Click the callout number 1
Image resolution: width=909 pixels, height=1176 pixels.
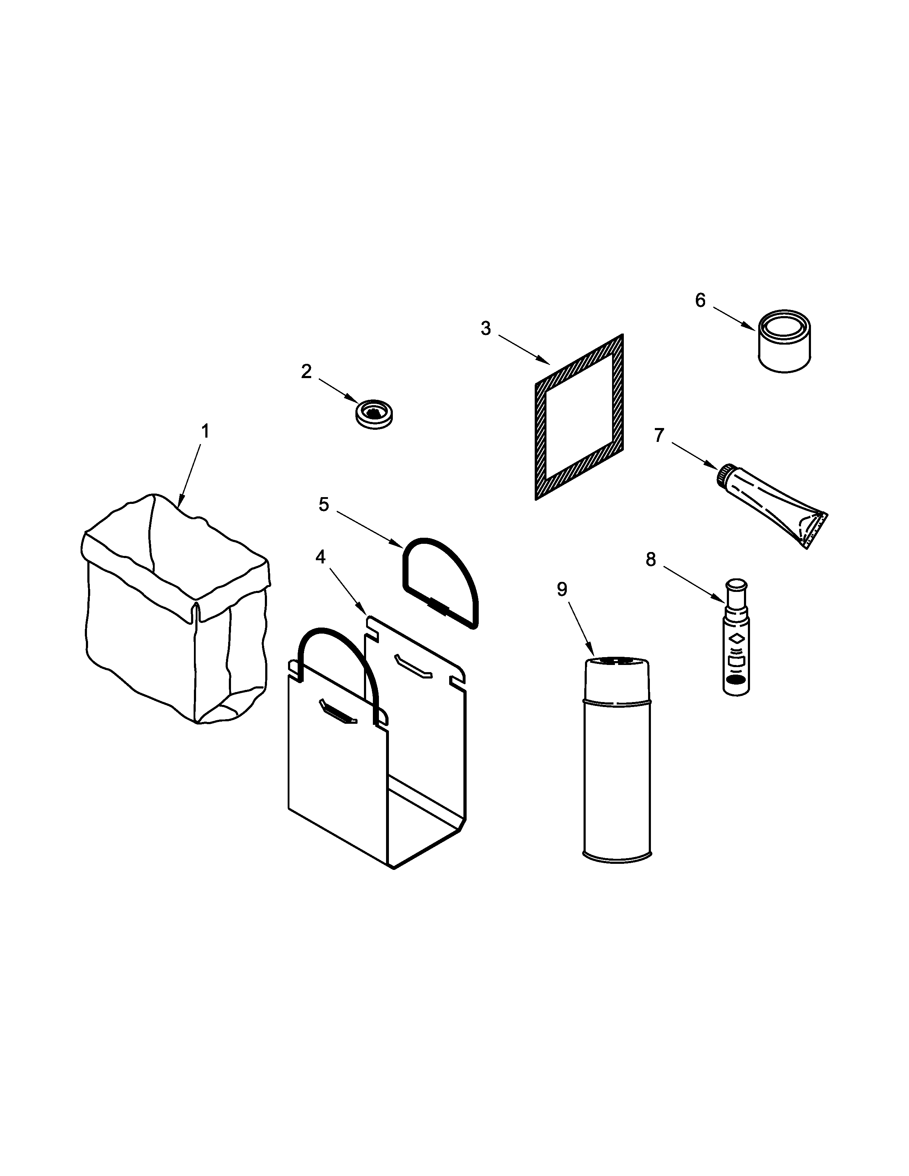[205, 431]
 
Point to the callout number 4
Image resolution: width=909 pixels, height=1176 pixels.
[320, 557]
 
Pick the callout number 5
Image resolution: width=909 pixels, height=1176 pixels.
[324, 505]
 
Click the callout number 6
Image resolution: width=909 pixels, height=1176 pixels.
[700, 300]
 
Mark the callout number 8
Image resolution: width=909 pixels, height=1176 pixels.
[651, 560]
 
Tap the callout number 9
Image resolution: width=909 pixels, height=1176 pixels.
[562, 590]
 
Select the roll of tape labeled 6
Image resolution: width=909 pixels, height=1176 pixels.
[785, 341]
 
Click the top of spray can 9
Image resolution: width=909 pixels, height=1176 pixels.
[617, 661]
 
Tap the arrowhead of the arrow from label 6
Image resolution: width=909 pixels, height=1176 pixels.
[752, 327]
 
